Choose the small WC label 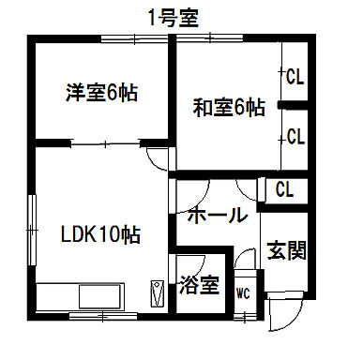click(244, 293)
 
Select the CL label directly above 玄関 click(284, 190)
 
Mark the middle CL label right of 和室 click(295, 137)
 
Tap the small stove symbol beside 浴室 click(157, 293)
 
